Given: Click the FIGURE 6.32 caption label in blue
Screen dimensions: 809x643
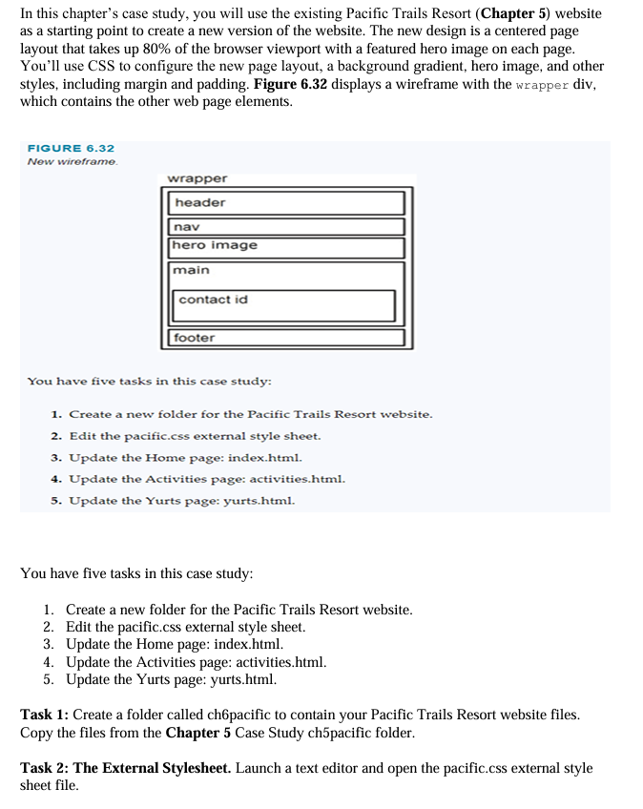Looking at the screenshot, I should click(x=71, y=149).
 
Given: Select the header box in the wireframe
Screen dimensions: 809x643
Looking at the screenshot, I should click(x=287, y=203).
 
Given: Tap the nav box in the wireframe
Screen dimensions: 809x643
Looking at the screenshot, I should click(x=287, y=227).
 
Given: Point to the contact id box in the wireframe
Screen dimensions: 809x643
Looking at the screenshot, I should click(x=285, y=305).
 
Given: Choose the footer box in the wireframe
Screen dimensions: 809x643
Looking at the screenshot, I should click(x=287, y=338).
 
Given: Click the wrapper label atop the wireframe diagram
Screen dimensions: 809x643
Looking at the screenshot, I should click(x=197, y=178).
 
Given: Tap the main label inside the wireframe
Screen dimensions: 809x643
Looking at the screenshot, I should click(x=192, y=271).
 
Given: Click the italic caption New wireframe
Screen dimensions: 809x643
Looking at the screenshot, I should click(x=72, y=161).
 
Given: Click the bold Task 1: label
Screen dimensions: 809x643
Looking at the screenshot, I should click(x=45, y=715).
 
